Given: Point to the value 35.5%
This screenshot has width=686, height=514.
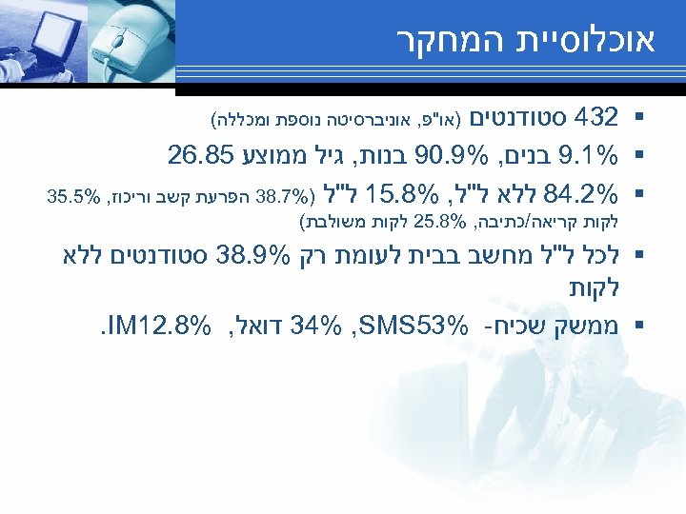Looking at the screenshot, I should point(71,197).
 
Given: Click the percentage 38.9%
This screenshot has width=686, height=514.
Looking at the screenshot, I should point(254,257).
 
